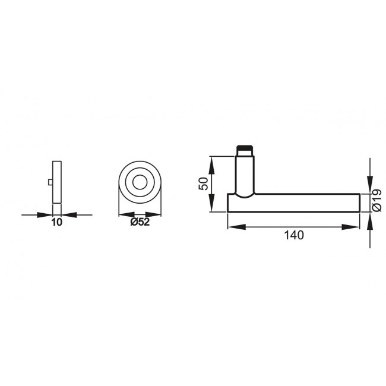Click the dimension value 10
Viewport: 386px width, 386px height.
pos(56,223)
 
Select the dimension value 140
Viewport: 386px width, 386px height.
pos(293,235)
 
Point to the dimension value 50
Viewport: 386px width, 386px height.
pos(203,183)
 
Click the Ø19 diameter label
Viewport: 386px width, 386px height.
pos(376,200)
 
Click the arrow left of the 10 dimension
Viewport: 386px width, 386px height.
pos(47,214)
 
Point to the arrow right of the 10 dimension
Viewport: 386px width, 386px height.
pos(67,214)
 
